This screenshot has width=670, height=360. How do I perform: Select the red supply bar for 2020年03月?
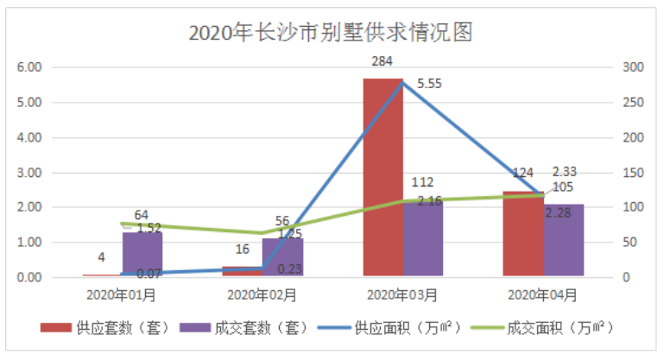(x=382, y=177)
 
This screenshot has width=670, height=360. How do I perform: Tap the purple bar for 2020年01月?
(x=142, y=255)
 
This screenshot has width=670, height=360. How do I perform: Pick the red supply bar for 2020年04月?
(x=523, y=234)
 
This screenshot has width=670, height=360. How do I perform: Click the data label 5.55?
(x=430, y=84)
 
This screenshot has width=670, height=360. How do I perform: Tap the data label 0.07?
(x=149, y=275)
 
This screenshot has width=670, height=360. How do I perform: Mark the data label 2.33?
(x=565, y=171)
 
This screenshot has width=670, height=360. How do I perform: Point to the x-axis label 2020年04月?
(x=543, y=294)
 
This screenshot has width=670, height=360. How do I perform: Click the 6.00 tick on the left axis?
(x=30, y=67)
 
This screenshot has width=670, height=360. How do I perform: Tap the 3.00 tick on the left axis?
(x=30, y=173)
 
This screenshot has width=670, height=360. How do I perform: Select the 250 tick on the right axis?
(x=634, y=103)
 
